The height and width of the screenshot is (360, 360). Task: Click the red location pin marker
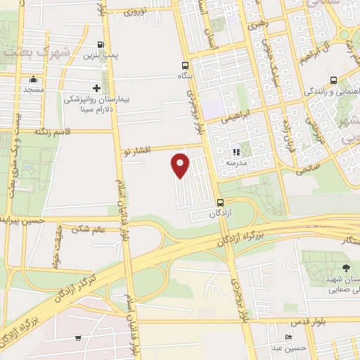[181, 165]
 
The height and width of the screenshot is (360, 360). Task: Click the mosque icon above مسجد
[33, 79]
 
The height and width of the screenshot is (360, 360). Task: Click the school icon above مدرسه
[236, 151]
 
